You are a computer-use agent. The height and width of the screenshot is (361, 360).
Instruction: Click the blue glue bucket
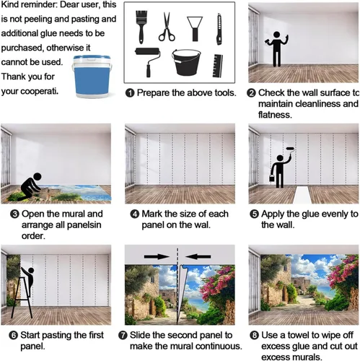(92, 77)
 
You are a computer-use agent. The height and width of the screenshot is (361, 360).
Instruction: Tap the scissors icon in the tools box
(167, 27)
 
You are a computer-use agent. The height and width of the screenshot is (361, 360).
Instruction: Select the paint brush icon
(141, 27)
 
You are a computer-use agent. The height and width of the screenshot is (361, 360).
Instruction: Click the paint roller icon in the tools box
(148, 62)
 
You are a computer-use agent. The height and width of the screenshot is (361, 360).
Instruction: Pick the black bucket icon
(186, 62)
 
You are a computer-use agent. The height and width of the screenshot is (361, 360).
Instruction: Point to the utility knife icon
(219, 29)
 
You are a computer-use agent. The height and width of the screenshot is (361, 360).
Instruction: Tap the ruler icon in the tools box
(217, 66)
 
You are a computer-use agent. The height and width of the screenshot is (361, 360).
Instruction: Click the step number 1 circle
(130, 93)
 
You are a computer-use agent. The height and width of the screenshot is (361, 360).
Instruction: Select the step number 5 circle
(254, 214)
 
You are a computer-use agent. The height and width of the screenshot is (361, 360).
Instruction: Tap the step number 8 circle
(254, 335)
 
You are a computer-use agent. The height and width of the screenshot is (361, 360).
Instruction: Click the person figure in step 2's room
(277, 49)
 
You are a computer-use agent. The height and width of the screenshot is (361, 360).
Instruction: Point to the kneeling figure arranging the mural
(31, 187)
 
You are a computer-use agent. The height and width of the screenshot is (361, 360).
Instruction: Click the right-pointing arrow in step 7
(157, 256)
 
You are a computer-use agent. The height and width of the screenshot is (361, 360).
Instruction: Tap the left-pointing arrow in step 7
(198, 256)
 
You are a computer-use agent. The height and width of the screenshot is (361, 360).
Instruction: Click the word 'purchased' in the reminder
(22, 48)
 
